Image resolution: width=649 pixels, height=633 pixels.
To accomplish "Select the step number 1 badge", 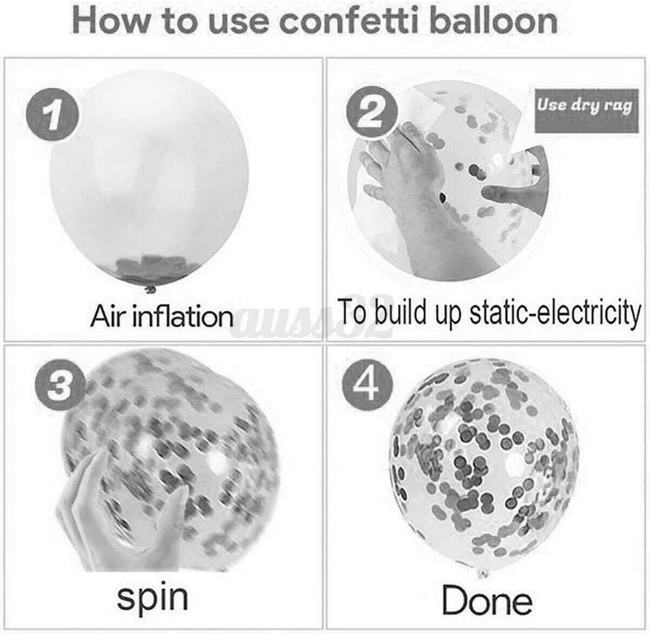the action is pyautogui.click(x=52, y=114).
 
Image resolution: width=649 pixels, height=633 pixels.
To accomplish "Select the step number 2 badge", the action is pyautogui.click(x=372, y=111).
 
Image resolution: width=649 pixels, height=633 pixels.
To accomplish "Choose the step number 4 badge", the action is pyautogui.click(x=368, y=385).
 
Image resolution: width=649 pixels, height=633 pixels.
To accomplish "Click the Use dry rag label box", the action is pyautogui.click(x=587, y=111).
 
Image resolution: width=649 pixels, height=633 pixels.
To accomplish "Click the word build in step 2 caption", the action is pyautogui.click(x=400, y=311).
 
